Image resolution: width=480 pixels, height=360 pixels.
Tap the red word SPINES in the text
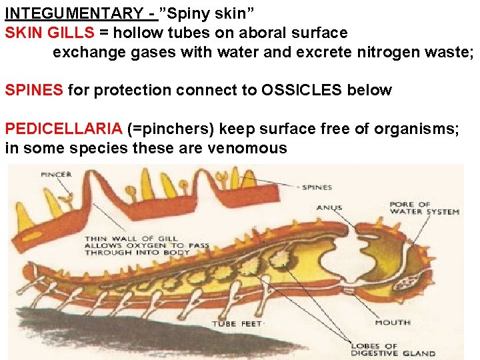[34, 90]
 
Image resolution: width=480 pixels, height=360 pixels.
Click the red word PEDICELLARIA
[63, 129]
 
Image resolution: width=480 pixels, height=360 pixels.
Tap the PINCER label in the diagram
[56, 175]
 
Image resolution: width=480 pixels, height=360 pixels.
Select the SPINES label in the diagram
[317, 187]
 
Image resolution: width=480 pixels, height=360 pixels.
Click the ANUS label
[329, 207]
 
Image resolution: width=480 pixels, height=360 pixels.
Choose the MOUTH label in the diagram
[393, 322]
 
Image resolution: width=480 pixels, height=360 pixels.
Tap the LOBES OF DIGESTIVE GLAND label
[393, 350]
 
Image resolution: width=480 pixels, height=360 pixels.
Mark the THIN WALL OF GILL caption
[147, 245]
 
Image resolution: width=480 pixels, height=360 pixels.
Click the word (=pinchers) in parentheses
[170, 129]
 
